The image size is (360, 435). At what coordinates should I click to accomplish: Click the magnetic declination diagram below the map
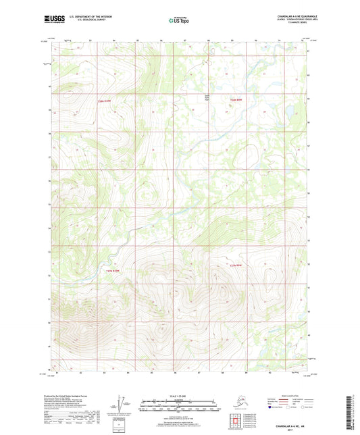point(121,403)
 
